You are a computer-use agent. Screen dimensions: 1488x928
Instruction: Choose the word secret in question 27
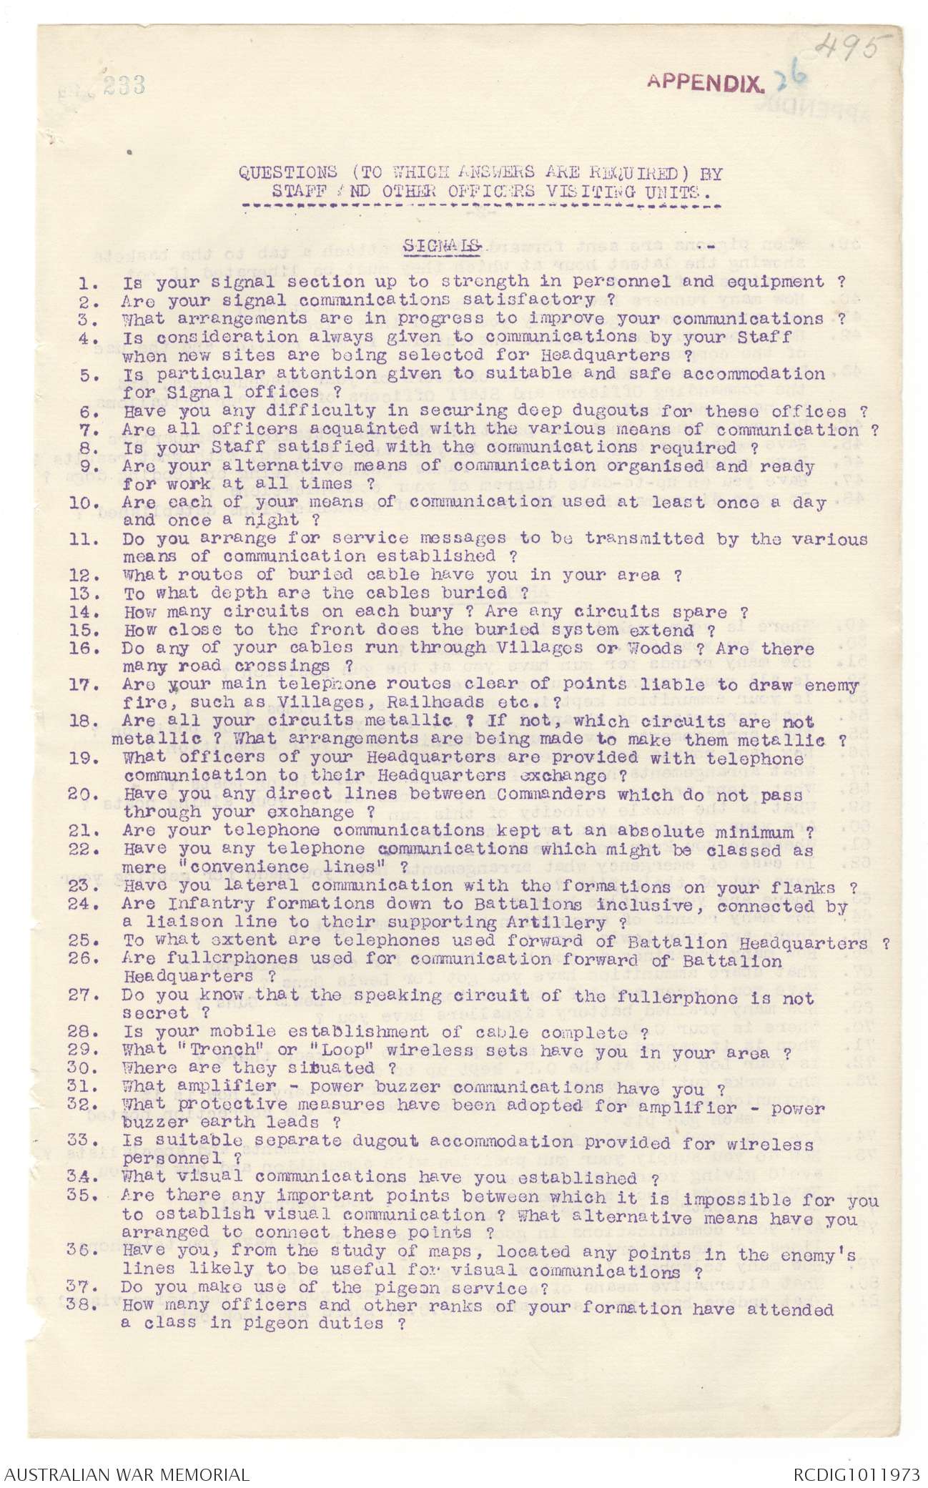154,1015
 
